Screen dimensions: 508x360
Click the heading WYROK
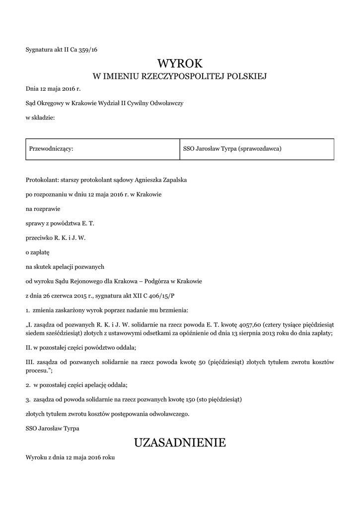(x=180, y=63)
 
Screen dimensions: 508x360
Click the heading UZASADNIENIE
(x=180, y=442)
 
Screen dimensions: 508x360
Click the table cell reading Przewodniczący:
(x=52, y=148)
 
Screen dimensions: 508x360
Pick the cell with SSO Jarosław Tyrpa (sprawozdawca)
(x=232, y=148)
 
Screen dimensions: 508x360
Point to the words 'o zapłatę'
(x=35, y=252)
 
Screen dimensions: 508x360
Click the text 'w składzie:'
(x=40, y=118)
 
